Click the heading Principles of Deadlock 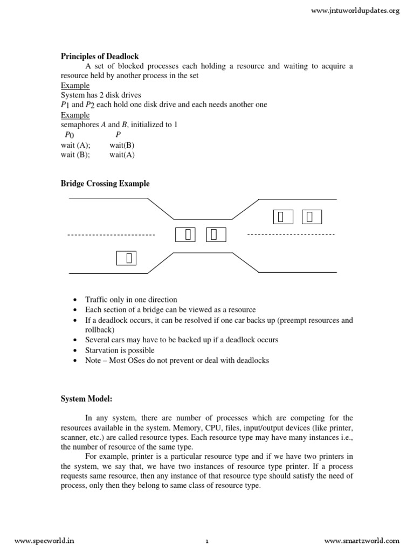pos(99,56)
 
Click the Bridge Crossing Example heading pos(105,184)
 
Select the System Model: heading pos(87,399)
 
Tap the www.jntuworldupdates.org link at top pos(356,11)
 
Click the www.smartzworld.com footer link pos(362,541)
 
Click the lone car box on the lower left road pos(126,258)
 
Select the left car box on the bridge pos(185,234)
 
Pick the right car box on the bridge pos(216,234)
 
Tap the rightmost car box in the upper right pos(312,217)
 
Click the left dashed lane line pos(111,235)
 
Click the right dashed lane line pos(291,235)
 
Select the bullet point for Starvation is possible pos(74,350)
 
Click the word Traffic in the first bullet pos(97,300)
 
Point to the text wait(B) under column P pos(122,145)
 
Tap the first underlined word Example pos(75,86)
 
